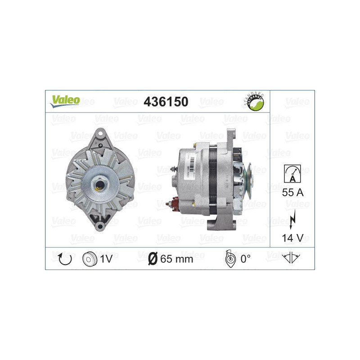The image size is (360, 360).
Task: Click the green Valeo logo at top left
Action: point(65,101)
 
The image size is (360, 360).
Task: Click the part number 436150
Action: point(166,102)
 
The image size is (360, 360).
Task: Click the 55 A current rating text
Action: point(292,193)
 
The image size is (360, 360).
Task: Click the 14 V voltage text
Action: point(292,237)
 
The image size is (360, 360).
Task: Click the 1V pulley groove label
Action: point(107,259)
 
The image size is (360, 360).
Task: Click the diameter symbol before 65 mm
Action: point(152,259)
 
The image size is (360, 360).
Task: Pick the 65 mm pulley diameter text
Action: point(176,259)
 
